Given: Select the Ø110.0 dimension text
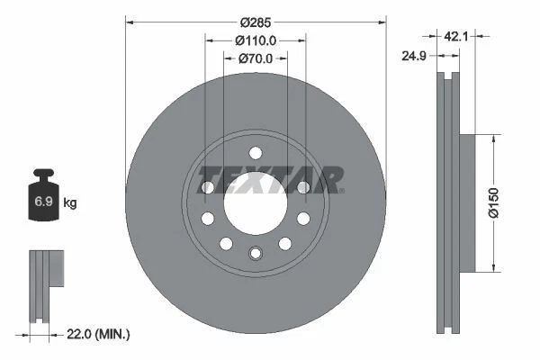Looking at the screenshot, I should coord(256,40).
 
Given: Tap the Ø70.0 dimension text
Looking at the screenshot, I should coord(256,58).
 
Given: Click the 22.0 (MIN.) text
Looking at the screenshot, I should coord(99,334).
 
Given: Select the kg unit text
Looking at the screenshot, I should coord(71,202).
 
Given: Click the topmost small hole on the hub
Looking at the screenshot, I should coord(255,152).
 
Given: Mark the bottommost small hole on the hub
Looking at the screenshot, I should coord(255,254).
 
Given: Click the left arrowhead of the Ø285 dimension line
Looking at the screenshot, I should coord(130,22).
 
